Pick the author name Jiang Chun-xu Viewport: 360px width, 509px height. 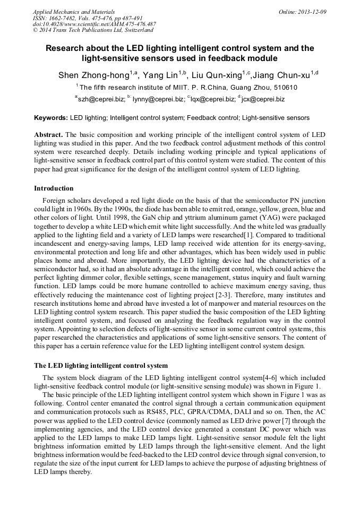click(x=281, y=75)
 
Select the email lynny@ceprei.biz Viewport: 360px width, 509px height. click(x=158, y=99)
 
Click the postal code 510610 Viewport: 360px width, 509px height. click(x=284, y=88)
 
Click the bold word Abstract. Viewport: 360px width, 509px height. click(x=48, y=135)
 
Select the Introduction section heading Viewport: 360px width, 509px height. click(x=54, y=188)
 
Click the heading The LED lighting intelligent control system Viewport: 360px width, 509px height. click(x=101, y=366)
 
